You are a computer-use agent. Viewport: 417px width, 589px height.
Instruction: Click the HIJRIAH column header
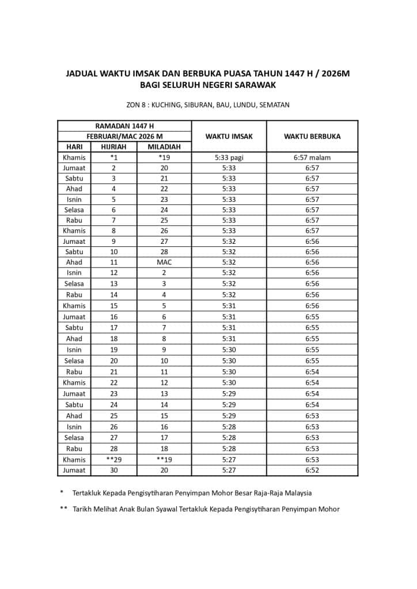point(113,147)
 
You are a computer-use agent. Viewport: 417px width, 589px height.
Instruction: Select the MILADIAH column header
point(164,147)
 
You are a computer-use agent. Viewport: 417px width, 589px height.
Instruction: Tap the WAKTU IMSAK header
point(229,136)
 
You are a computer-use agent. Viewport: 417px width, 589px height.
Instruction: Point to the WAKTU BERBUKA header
point(312,136)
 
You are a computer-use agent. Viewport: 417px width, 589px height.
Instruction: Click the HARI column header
point(74,147)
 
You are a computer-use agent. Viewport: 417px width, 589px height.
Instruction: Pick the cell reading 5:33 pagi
point(229,157)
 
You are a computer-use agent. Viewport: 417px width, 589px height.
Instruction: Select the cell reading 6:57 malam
point(312,157)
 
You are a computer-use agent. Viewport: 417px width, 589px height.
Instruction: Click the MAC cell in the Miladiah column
point(164,262)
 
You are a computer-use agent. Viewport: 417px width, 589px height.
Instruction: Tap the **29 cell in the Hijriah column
point(113,460)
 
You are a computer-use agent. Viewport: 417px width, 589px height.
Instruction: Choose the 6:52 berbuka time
point(312,470)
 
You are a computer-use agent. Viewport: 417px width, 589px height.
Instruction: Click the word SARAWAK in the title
point(255,85)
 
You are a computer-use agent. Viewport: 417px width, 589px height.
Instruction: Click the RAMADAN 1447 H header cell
point(124,126)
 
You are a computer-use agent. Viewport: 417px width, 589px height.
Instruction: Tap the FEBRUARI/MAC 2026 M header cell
point(124,136)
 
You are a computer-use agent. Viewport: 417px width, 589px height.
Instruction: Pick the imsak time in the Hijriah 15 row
point(229,305)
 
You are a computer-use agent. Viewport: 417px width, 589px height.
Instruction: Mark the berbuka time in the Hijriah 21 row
point(312,372)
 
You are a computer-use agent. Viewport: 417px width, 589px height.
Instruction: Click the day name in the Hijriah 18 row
point(74,339)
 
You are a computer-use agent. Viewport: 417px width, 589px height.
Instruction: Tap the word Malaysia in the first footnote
point(296,493)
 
